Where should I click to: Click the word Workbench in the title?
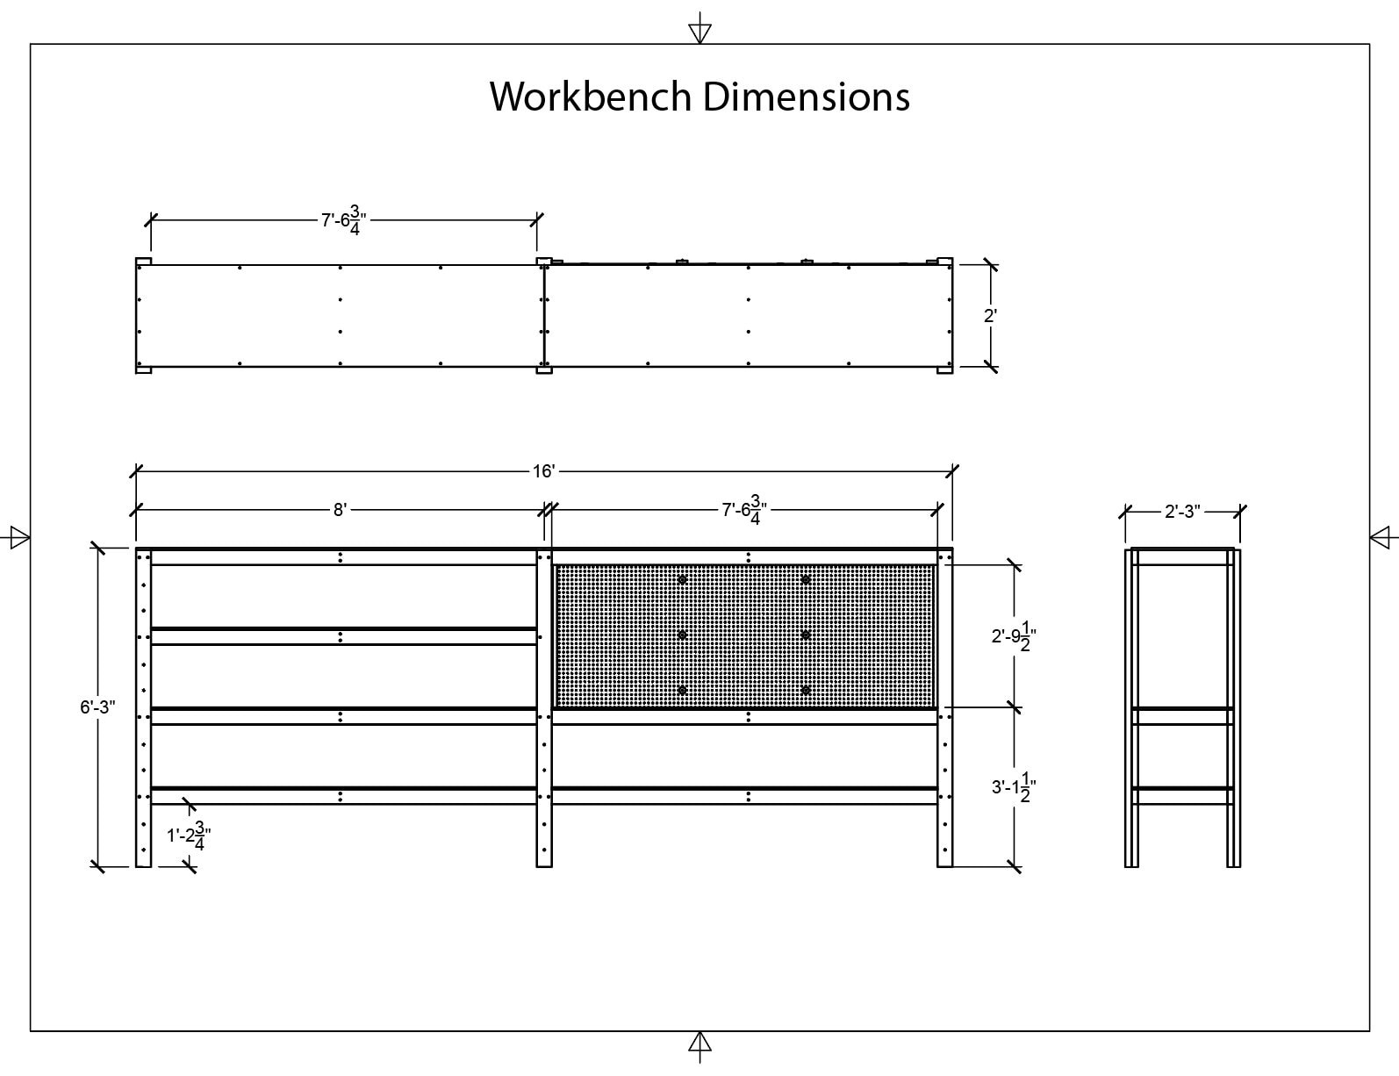point(591,96)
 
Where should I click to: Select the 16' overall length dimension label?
point(543,472)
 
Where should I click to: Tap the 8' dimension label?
point(340,509)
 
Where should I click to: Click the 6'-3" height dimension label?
point(98,707)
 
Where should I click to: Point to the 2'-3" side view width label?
point(1182,512)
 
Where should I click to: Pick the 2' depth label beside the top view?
point(990,315)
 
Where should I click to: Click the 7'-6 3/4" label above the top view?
point(342,220)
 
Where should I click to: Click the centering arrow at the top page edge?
point(699,32)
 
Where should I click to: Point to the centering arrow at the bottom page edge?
point(699,1044)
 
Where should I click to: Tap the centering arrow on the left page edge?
point(18,537)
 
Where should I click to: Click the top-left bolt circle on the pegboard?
point(682,580)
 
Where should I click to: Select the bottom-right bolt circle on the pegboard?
point(806,691)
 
